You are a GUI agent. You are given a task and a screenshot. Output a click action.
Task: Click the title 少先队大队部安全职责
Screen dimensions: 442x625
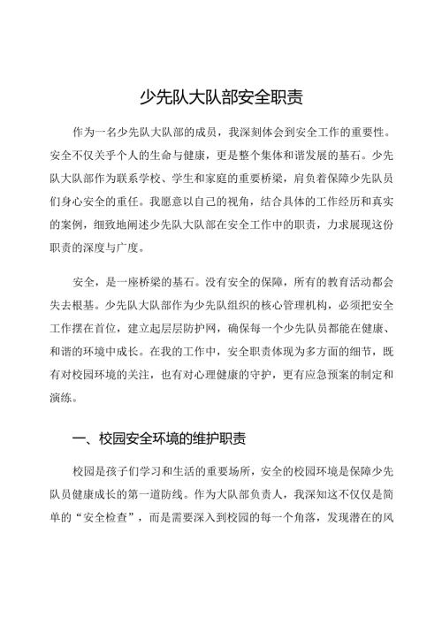(221, 96)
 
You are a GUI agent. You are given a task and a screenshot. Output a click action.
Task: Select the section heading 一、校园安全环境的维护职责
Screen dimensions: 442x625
(160, 438)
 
